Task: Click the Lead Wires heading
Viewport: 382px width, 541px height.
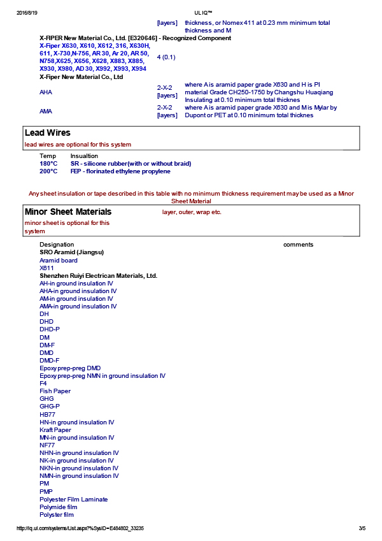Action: click(x=48, y=133)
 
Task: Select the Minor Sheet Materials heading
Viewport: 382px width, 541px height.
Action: click(x=68, y=212)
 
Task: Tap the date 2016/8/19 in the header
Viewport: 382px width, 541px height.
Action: click(x=27, y=13)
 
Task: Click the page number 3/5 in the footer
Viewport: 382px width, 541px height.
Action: click(x=362, y=528)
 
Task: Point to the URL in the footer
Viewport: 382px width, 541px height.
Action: click(x=80, y=528)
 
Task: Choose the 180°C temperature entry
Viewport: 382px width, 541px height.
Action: click(x=48, y=164)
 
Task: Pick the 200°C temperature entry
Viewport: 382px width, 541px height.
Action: click(x=48, y=171)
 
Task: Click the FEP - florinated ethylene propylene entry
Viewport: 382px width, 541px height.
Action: click(x=120, y=171)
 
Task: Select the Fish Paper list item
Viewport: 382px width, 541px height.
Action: click(x=55, y=391)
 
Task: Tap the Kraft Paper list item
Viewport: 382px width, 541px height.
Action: click(x=55, y=430)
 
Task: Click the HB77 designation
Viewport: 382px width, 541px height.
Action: click(x=47, y=415)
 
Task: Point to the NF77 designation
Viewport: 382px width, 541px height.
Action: click(x=47, y=445)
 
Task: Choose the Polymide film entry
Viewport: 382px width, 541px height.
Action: click(x=59, y=507)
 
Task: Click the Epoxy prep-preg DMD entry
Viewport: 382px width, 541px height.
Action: click(x=70, y=368)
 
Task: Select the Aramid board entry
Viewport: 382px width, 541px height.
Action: click(x=59, y=260)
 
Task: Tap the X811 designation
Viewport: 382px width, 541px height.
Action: click(x=46, y=268)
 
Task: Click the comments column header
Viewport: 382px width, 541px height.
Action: click(x=298, y=245)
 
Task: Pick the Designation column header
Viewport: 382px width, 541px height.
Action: click(x=57, y=245)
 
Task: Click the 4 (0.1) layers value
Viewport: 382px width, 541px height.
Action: click(x=166, y=57)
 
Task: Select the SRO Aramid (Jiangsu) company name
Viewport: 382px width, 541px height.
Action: click(x=71, y=252)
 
